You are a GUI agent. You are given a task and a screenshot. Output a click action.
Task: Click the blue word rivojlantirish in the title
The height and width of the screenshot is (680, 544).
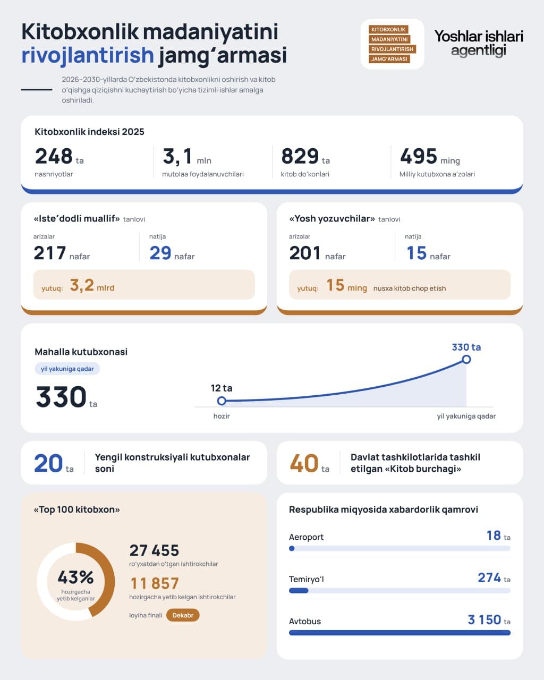pos(88,55)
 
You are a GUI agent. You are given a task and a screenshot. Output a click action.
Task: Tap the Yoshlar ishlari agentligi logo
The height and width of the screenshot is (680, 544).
pos(479,44)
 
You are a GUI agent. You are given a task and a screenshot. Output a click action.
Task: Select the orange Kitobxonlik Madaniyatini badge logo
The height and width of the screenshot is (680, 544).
pos(392,44)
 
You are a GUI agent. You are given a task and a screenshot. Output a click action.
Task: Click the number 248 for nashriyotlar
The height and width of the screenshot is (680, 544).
pos(54,156)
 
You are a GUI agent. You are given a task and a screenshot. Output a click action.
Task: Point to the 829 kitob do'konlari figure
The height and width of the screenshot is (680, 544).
pos(300,156)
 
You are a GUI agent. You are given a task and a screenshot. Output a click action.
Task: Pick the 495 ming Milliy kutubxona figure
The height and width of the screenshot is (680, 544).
pos(419,156)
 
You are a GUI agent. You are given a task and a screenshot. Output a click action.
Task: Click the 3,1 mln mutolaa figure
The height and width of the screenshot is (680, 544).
pos(177,156)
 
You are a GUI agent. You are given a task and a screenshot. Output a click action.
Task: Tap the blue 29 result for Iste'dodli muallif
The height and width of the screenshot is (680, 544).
pos(160,253)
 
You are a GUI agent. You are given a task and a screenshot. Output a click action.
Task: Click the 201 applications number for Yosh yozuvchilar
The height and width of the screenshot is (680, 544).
pos(305,253)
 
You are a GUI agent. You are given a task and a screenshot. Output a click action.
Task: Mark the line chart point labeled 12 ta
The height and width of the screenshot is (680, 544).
pos(222,401)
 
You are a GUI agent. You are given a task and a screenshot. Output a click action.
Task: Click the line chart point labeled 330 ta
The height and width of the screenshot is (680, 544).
pos(466,359)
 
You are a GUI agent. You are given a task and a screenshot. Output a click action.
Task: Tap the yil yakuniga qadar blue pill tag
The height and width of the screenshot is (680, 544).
pos(67,369)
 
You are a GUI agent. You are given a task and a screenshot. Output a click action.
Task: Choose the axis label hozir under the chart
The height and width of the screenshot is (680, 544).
pos(222,416)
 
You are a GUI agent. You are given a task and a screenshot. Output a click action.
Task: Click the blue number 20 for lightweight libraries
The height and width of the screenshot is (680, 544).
pos(48,463)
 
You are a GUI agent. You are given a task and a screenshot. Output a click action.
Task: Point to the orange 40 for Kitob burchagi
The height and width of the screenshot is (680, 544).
pos(304,463)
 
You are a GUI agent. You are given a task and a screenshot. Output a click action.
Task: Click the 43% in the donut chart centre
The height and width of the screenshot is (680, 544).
pos(76,577)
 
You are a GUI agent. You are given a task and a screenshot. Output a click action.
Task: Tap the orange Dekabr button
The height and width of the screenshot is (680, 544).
pos(183,615)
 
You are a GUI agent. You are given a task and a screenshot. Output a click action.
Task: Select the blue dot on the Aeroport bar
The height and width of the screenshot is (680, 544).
pos(292,549)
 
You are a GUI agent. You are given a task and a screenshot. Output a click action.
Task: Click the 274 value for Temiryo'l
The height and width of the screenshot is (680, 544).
pos(489,577)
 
